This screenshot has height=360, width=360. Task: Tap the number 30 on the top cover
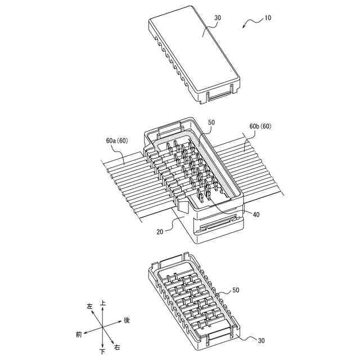(218, 18)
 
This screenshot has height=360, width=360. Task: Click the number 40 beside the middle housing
(256, 214)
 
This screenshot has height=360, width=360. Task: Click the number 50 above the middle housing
(211, 122)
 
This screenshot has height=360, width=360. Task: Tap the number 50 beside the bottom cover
(236, 290)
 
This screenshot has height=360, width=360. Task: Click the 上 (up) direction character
(103, 303)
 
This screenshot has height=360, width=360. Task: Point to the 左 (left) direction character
(89, 307)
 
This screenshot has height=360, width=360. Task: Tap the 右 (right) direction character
(116, 347)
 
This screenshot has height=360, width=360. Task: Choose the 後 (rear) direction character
(127, 320)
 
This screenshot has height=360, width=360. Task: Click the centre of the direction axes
(102, 327)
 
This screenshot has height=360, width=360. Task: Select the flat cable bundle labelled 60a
(124, 180)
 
